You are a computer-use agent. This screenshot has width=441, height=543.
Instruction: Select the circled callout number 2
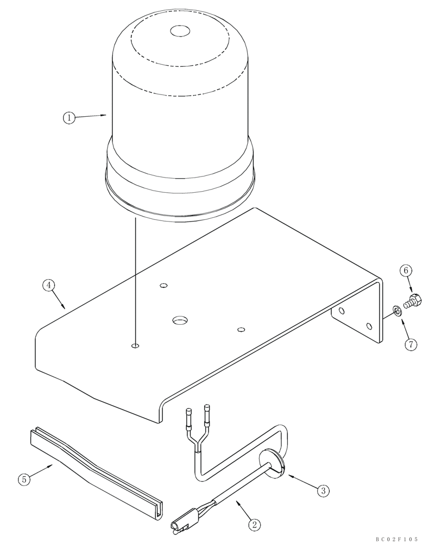coord(253,525)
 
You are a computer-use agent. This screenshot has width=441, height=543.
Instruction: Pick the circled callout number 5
coord(23,479)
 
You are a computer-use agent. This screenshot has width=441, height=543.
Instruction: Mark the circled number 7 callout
coord(411,344)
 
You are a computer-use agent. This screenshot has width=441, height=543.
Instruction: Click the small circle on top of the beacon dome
coord(179,31)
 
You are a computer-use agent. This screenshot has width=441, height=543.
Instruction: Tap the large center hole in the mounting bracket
coord(179,321)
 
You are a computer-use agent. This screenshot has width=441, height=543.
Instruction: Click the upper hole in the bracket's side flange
coord(341,311)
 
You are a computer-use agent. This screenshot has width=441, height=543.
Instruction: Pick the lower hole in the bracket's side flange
coord(369,326)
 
